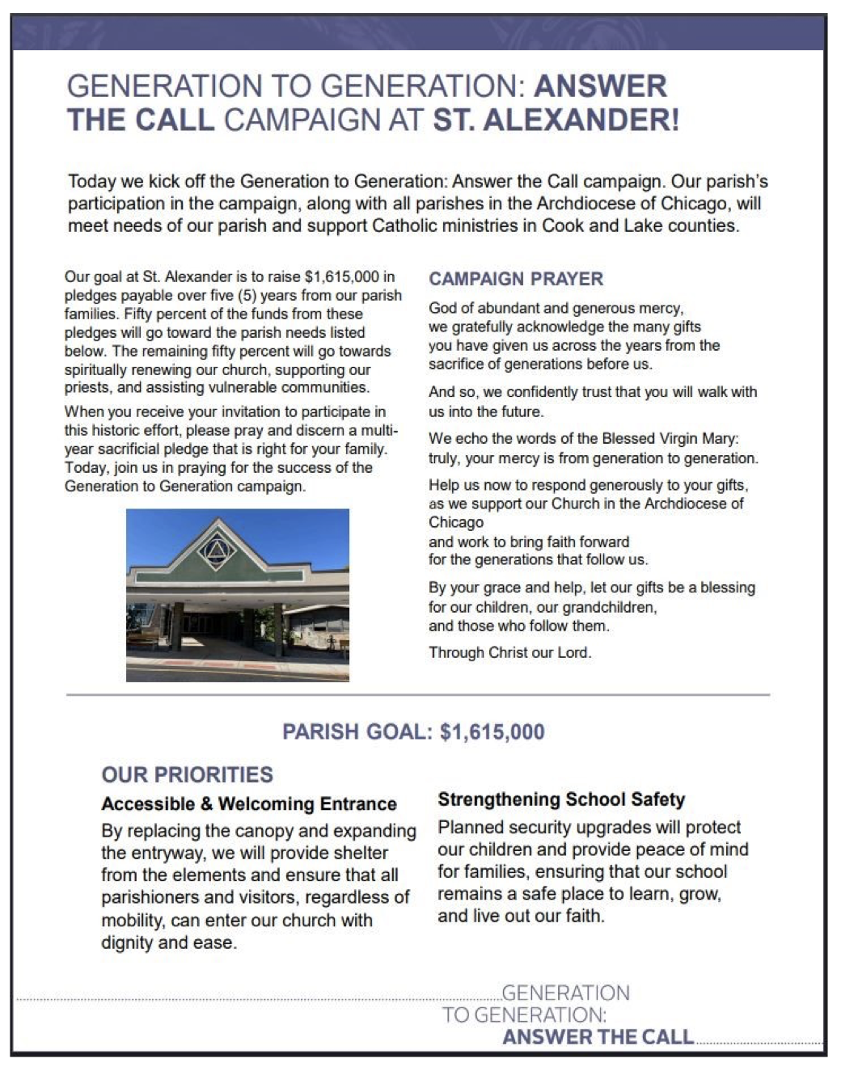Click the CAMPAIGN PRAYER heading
pyautogui.click(x=516, y=279)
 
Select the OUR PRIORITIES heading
pyautogui.click(x=187, y=774)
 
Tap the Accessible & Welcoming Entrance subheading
pyautogui.click(x=249, y=804)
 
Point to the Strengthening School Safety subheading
pyautogui.click(x=561, y=800)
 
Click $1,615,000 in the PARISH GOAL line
pyautogui.click(x=492, y=732)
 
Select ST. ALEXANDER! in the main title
pyautogui.click(x=556, y=120)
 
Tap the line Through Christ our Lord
pyautogui.click(x=509, y=652)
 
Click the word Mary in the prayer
pyautogui.click(x=723, y=439)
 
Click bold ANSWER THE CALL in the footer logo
pyautogui.click(x=598, y=1037)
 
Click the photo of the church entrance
pyautogui.click(x=238, y=595)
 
